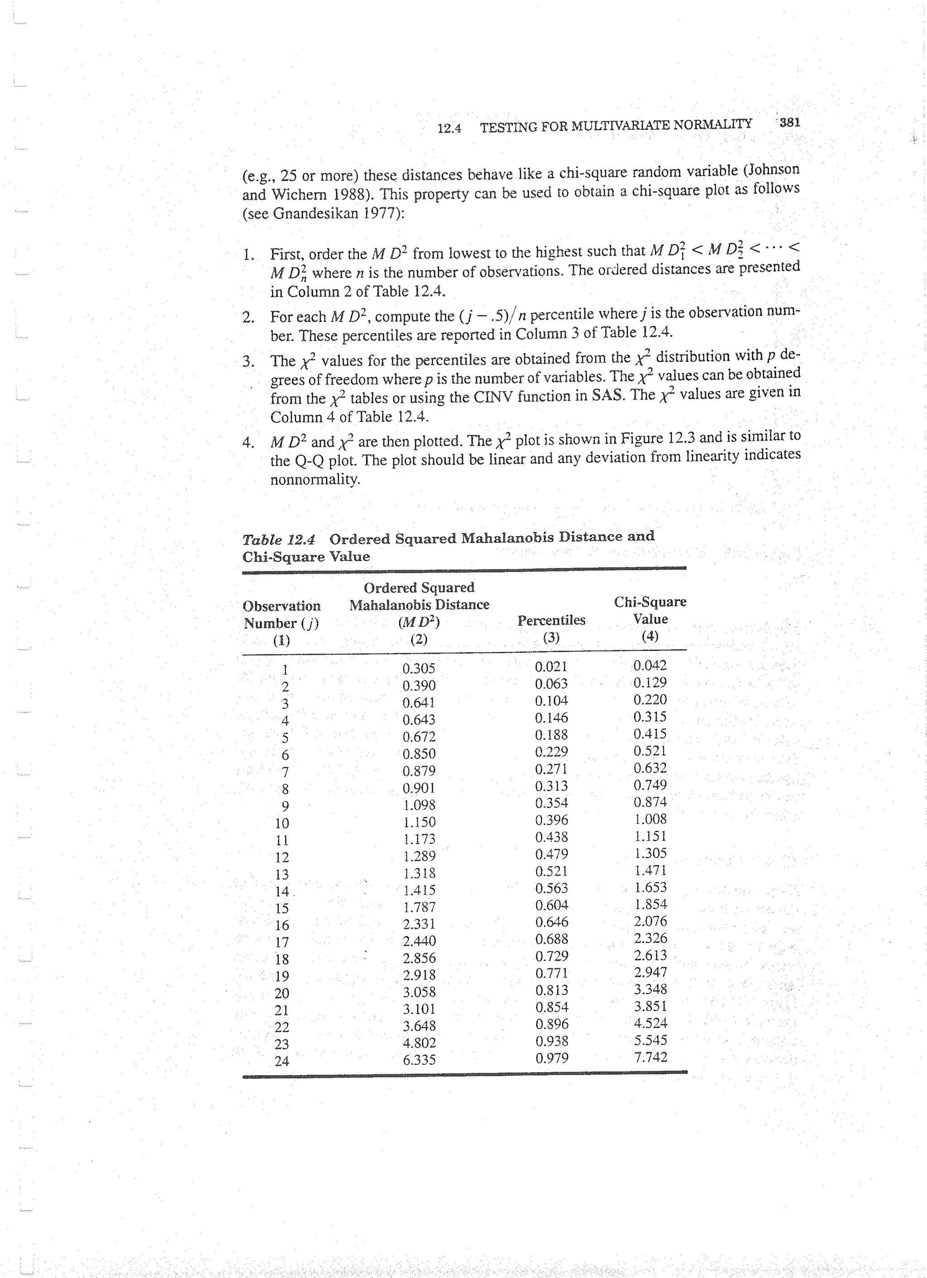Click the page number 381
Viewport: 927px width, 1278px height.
(x=789, y=122)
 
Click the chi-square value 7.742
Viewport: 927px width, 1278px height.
(x=650, y=1057)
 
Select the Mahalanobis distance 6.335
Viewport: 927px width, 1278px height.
(x=419, y=1060)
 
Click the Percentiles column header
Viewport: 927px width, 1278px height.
(x=551, y=620)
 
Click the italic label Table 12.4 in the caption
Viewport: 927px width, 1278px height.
(x=278, y=540)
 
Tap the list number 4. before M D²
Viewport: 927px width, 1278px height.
(x=248, y=443)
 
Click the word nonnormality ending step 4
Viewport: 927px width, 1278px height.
(x=315, y=480)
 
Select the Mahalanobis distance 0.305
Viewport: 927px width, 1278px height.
(x=419, y=669)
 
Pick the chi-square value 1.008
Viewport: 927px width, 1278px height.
(x=650, y=819)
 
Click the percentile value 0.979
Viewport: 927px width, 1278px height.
(x=551, y=1058)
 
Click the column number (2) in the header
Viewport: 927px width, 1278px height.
(x=419, y=639)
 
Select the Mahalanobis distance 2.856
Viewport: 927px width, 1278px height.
(x=419, y=958)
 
